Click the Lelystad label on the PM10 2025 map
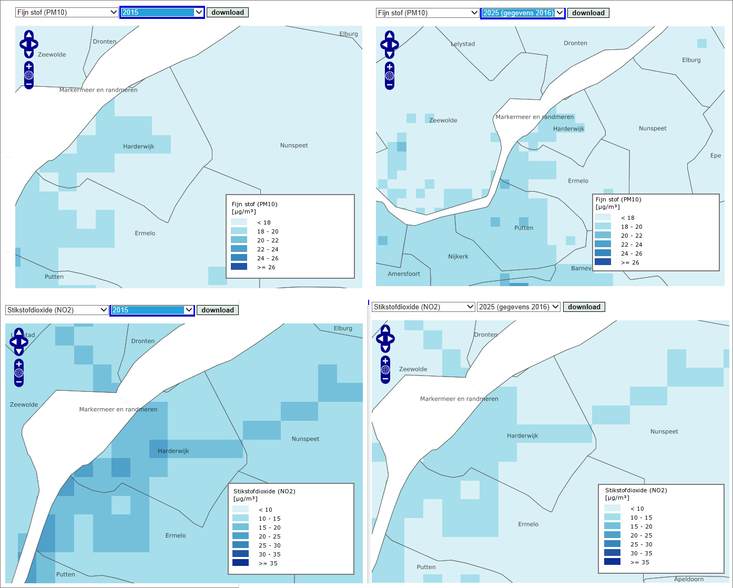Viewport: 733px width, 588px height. tap(463, 44)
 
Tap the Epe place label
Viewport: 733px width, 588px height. tap(716, 156)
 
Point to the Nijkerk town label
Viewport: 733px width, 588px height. tap(458, 257)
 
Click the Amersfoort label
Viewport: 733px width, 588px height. tap(404, 274)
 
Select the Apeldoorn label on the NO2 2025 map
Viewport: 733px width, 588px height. tap(689, 579)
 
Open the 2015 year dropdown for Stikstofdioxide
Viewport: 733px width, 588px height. tap(152, 310)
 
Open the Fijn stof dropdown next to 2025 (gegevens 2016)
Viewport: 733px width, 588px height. tap(427, 13)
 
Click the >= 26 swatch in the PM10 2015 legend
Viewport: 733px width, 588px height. tap(239, 267)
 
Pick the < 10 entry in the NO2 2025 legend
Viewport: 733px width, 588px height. tap(612, 508)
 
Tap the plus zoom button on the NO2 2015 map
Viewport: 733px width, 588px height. tap(19, 364)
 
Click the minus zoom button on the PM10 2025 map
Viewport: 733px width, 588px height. tap(390, 85)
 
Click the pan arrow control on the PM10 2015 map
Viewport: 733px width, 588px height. tap(29, 44)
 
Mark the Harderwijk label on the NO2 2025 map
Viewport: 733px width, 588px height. tap(522, 435)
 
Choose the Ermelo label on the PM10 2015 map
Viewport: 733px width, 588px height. tap(145, 233)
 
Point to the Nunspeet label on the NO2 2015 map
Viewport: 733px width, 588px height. tap(306, 439)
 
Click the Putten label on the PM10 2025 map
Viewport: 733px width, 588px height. tap(524, 228)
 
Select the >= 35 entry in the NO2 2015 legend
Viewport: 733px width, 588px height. tap(240, 563)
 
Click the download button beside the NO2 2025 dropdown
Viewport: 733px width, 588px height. tap(584, 307)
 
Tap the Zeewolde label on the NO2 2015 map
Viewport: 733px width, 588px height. tap(24, 404)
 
